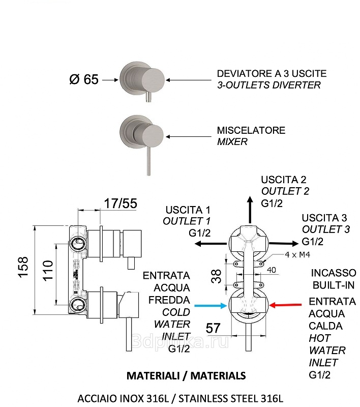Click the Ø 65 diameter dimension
click(x=83, y=80)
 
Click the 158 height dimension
click(x=23, y=268)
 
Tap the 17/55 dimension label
click(x=121, y=204)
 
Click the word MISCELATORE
click(x=251, y=131)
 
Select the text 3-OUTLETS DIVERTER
click(x=269, y=85)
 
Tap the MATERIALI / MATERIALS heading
click(x=186, y=376)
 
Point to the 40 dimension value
click(x=272, y=270)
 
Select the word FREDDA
click(x=169, y=300)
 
